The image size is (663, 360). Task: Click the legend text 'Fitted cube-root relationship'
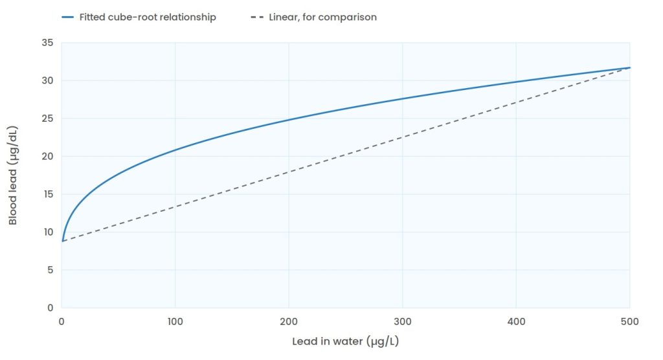pos(148,17)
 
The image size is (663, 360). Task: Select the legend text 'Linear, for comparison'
pos(322,17)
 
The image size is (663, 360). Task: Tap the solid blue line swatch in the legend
pos(67,17)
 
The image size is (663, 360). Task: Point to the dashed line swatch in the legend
pos(257,17)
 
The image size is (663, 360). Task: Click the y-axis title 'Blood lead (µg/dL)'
pos(13,175)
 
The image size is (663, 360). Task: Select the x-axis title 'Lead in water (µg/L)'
pos(346,341)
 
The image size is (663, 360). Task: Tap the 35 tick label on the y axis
pos(48,43)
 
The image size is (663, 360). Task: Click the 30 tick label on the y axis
pos(48,80)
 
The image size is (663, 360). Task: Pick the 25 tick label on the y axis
pos(48,118)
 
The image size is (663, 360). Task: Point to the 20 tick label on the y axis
pos(48,156)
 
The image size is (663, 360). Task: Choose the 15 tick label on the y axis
pos(48,194)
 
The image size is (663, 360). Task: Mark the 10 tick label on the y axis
pos(48,232)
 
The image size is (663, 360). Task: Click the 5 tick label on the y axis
pos(51,270)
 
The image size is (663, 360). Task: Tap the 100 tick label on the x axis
pos(175,322)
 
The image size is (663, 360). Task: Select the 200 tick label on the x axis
pos(289,322)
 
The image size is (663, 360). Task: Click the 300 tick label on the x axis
pos(403,322)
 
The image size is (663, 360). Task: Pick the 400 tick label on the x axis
pos(516,322)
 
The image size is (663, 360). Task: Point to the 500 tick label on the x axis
pos(629,322)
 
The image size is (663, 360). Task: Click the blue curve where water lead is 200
pos(289,120)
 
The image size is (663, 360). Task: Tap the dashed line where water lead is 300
pos(403,137)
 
